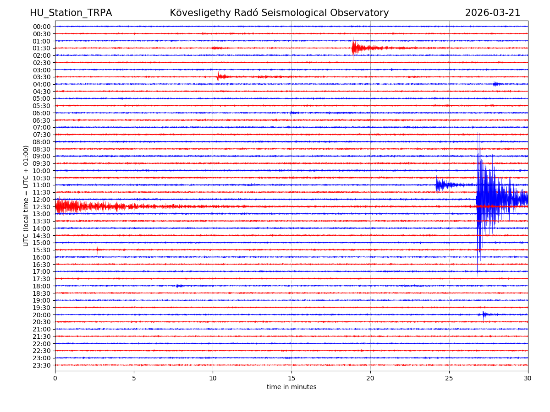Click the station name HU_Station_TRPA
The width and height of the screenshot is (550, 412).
pos(71,13)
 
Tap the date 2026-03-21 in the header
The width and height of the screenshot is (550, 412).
pos(492,13)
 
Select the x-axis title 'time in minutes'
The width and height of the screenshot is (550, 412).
pos(291,387)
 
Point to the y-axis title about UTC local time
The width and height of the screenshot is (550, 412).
pos(26,195)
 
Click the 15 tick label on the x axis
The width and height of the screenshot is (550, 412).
pos(291,378)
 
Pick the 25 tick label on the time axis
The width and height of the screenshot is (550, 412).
pos(449,378)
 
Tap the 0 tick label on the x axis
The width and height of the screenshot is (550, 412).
pos(55,378)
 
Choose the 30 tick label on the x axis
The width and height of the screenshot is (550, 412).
pos(528,378)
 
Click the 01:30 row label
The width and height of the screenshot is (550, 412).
pos(42,48)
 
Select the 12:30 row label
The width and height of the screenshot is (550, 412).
pos(42,207)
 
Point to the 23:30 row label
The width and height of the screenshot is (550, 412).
pos(42,365)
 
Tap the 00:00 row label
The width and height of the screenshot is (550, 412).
pos(42,27)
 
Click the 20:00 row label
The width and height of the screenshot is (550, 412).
pos(42,315)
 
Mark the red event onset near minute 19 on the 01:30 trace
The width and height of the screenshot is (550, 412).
pos(353,48)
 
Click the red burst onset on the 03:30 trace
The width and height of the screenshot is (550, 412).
pos(218,76)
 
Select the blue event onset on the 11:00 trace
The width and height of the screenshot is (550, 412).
pos(437,184)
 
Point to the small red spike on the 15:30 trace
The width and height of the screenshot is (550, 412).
pos(97,250)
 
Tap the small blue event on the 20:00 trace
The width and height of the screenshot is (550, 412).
pos(484,314)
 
